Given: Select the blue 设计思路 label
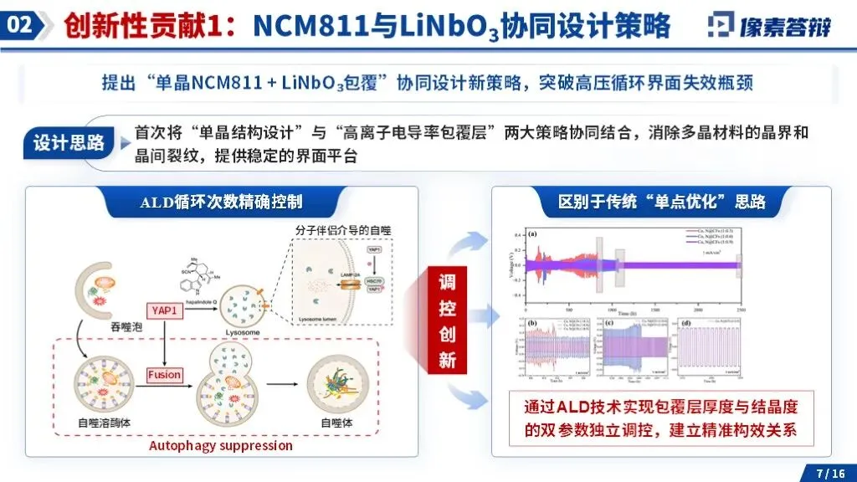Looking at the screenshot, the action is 69,143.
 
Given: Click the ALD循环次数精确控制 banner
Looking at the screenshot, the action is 221,202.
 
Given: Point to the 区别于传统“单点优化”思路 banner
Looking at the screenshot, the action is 661,202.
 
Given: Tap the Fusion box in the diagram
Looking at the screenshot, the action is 164,374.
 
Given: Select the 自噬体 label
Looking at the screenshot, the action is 336,423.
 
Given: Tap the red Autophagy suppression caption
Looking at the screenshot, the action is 221,445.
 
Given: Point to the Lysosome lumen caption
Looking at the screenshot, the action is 321,320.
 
